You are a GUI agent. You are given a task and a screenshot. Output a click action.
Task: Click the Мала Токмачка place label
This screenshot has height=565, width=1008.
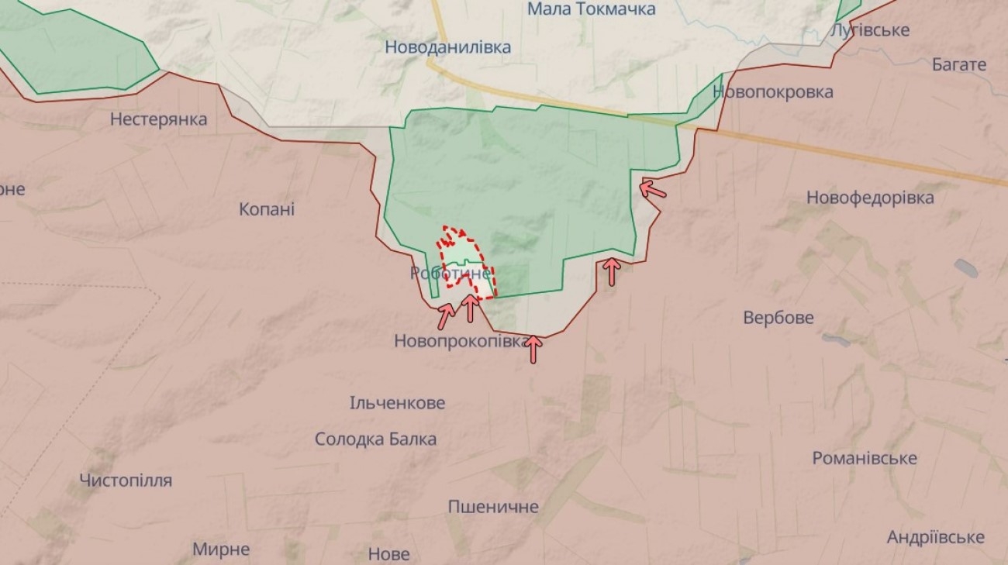pyautogui.click(x=591, y=9)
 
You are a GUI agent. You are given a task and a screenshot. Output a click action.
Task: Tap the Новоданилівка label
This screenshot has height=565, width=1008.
pyautogui.click(x=448, y=47)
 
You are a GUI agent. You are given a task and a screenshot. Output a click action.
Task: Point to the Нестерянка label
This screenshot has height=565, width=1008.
pyautogui.click(x=158, y=119)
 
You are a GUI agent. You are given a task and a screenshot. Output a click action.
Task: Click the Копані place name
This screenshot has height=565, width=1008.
pyautogui.click(x=267, y=209)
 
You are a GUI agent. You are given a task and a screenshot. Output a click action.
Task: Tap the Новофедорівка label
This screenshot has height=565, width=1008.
pyautogui.click(x=870, y=198)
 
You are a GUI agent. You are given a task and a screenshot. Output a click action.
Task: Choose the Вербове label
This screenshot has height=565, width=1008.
pyautogui.click(x=778, y=318)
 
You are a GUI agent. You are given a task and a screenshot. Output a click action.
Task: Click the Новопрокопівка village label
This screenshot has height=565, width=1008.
pyautogui.click(x=461, y=340)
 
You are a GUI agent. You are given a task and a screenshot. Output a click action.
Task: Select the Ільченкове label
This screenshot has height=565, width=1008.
pyautogui.click(x=397, y=403)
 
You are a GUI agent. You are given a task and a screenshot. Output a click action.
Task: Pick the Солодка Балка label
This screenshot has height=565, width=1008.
pyautogui.click(x=375, y=439)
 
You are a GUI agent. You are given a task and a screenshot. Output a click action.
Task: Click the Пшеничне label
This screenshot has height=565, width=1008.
pyautogui.click(x=493, y=507)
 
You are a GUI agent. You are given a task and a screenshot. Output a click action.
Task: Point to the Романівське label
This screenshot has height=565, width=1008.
pyautogui.click(x=864, y=458)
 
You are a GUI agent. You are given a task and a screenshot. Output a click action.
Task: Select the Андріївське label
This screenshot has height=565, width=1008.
pyautogui.click(x=935, y=537)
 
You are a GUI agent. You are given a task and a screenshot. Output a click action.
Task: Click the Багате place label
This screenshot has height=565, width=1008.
pyautogui.click(x=958, y=64)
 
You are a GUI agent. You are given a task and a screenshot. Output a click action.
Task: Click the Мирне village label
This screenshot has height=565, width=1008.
pyautogui.click(x=221, y=549)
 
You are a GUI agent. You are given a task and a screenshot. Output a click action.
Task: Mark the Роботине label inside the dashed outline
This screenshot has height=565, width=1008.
pyautogui.click(x=450, y=273)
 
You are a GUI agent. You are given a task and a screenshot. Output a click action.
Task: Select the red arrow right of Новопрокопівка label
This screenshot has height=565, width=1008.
pyautogui.click(x=533, y=349)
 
